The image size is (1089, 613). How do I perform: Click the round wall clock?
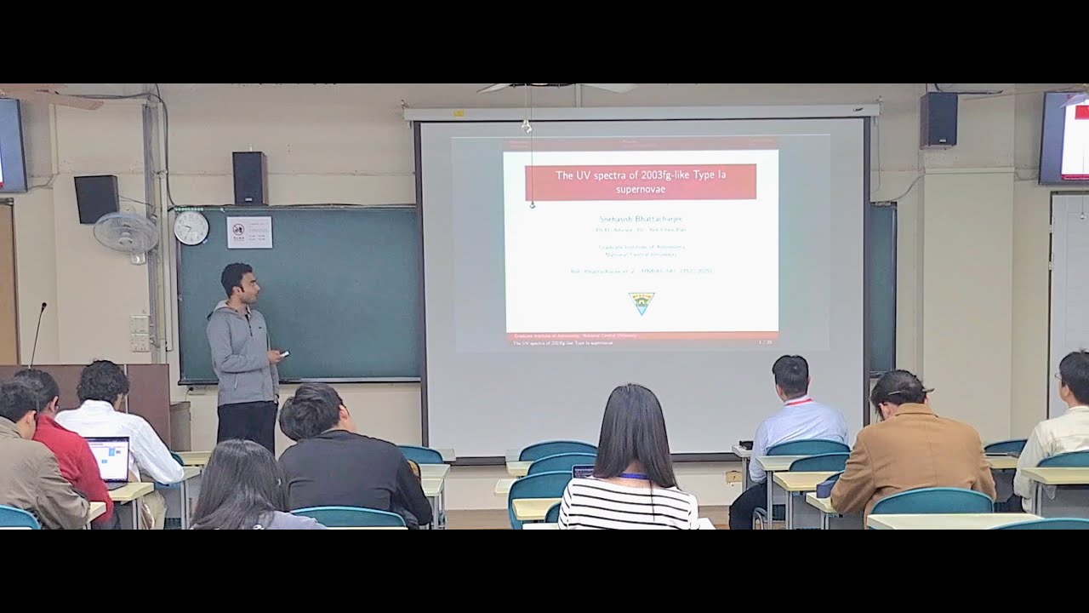[x=191, y=227]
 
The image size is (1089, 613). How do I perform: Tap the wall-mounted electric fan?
[x=126, y=232]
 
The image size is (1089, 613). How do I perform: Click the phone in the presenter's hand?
[x=284, y=353]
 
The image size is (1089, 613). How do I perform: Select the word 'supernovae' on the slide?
[x=640, y=189]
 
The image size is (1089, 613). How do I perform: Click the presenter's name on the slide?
[x=640, y=219]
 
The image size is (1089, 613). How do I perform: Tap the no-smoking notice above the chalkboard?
[x=249, y=232]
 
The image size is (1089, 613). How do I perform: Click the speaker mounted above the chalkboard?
[x=250, y=178]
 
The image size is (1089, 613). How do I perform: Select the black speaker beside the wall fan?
[x=96, y=198]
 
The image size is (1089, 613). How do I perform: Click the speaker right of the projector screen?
[x=938, y=120]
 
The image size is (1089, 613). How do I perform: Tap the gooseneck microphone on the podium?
[x=37, y=332]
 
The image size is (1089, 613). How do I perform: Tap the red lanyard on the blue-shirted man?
[x=797, y=401]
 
